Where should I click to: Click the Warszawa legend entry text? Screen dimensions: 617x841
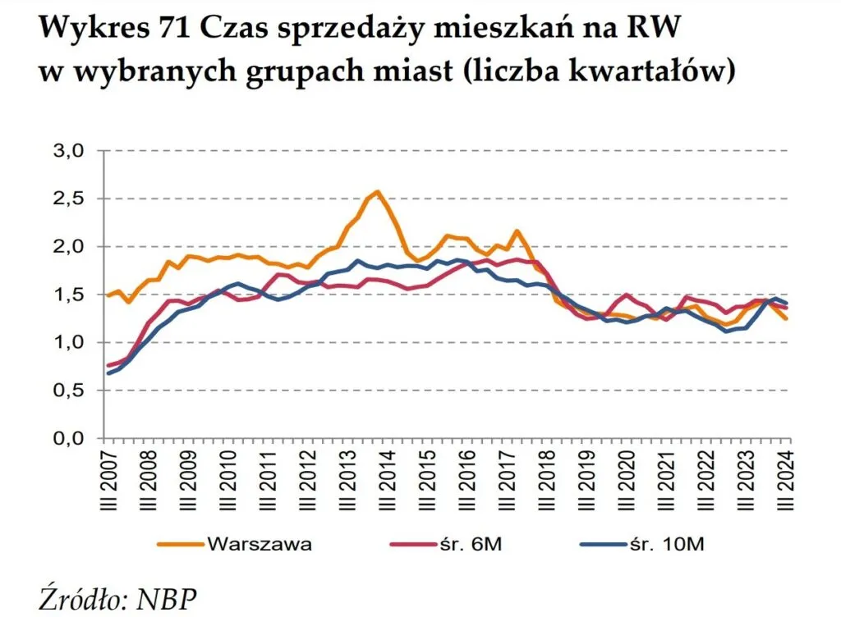[260, 544]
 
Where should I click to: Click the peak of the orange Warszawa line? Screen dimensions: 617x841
[377, 192]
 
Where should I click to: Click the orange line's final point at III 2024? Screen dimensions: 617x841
[788, 318]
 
